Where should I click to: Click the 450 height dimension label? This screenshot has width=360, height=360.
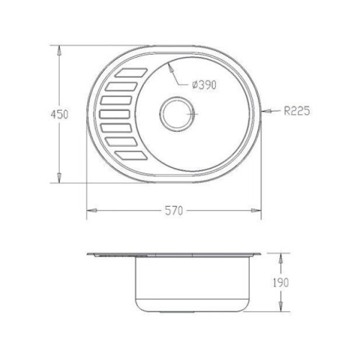(59, 114)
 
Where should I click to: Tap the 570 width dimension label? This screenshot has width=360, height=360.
(174, 211)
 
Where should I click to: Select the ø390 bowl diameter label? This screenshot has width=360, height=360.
(204, 85)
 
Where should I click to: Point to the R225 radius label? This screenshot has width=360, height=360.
(297, 111)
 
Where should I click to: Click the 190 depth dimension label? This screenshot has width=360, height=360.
(281, 282)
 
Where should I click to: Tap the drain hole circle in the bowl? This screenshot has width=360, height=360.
(176, 114)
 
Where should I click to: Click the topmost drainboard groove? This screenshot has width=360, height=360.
(131, 73)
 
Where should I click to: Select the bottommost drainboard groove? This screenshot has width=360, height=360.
(131, 156)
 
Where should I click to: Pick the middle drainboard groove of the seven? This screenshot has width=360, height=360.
(114, 114)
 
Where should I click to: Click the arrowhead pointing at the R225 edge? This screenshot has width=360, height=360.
(266, 111)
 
